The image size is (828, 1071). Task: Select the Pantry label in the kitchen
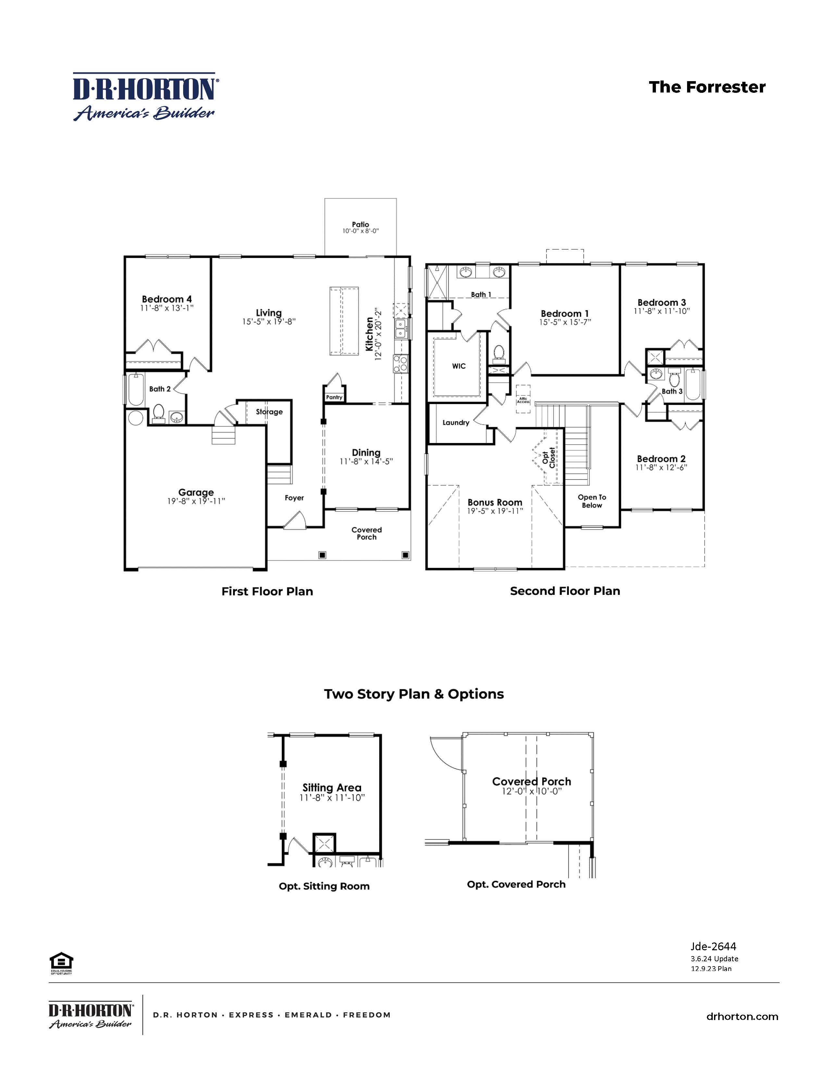(x=334, y=397)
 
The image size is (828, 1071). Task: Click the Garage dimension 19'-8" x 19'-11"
(x=196, y=501)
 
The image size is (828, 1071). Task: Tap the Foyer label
(x=294, y=498)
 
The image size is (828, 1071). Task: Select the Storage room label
(x=269, y=412)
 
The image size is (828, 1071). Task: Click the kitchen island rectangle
(x=342, y=322)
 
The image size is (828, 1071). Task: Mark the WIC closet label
(x=458, y=366)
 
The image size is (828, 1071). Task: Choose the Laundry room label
(x=456, y=423)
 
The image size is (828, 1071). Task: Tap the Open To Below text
(x=592, y=501)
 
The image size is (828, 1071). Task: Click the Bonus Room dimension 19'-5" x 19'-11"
(x=495, y=511)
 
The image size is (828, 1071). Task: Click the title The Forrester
(x=707, y=87)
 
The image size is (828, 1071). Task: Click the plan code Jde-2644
(x=713, y=946)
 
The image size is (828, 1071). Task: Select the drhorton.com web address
(x=742, y=1016)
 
